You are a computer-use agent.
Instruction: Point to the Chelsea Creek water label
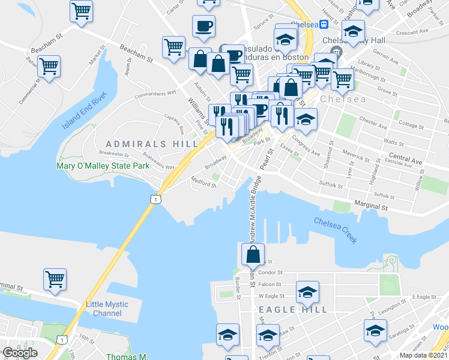pyautogui.click(x=335, y=230)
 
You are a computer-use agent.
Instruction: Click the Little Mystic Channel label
pyautogui.click(x=107, y=308)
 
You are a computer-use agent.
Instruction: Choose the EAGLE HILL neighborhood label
pyautogui.click(x=293, y=310)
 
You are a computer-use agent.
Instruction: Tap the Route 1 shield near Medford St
pyautogui.click(x=155, y=199)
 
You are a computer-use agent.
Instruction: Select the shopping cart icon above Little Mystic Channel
pyautogui.click(x=55, y=278)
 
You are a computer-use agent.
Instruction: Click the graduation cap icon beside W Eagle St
pyautogui.click(x=307, y=292)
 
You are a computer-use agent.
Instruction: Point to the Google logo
pyautogui.click(x=20, y=353)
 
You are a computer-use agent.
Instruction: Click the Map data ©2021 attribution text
pyautogui.click(x=424, y=355)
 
